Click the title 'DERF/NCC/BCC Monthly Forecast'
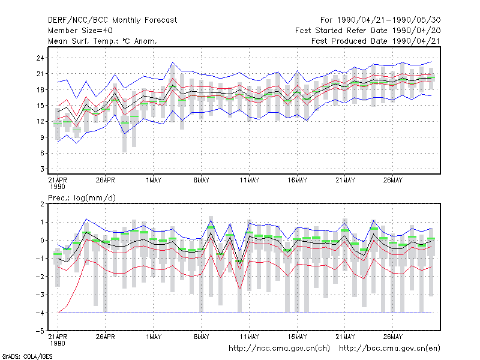click(112, 20)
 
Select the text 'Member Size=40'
click(80, 31)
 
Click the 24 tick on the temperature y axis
click(40, 58)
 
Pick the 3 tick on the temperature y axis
click(42, 169)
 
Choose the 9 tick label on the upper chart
click(42, 137)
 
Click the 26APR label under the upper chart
click(106, 180)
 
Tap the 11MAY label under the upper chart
click(249, 180)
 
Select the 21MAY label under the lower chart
click(345, 337)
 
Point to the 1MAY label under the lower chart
click(154, 337)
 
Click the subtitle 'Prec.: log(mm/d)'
click(82, 198)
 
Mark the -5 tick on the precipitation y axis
click(40, 331)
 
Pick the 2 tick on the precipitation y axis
click(42, 204)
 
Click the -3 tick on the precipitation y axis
click(40, 295)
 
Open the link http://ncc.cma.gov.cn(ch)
click(279, 349)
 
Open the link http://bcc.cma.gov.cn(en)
click(389, 349)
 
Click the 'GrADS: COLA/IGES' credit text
click(27, 356)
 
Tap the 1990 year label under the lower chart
click(58, 343)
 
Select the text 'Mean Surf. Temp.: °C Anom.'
click(103, 41)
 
